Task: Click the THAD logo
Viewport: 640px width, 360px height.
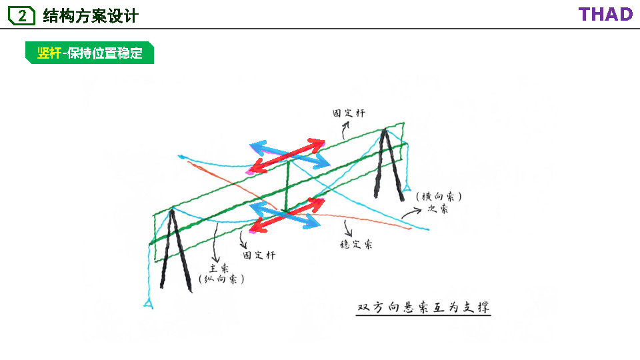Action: (x=605, y=15)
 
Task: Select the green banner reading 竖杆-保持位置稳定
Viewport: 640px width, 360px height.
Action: (x=90, y=53)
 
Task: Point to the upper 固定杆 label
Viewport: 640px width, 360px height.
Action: (x=349, y=113)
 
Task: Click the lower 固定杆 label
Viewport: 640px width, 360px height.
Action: (x=259, y=255)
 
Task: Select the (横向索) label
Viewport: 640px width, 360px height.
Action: (x=438, y=197)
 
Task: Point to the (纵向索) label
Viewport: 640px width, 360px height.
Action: (x=221, y=280)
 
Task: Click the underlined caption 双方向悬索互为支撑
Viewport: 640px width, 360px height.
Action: (x=423, y=307)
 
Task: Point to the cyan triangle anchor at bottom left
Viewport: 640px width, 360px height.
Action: (x=148, y=304)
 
